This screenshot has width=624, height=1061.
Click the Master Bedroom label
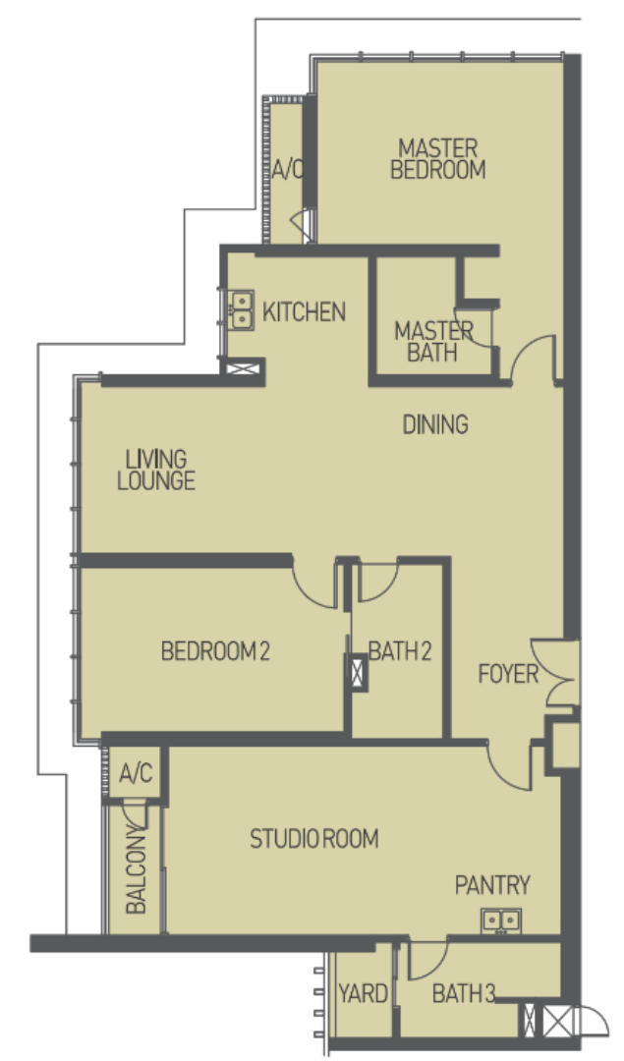438,159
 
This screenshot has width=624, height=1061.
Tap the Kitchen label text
304,312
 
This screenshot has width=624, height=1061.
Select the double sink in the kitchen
241,310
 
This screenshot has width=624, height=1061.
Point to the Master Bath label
433,342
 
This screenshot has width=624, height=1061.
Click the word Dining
435,425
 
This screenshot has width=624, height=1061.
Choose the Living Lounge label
156,471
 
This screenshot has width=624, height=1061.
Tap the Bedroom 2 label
215,651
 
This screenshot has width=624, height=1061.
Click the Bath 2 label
400,651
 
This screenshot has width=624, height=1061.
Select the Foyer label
508,674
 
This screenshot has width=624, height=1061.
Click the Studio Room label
314,839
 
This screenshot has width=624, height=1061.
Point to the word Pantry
492,885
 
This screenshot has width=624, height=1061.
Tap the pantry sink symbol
501,921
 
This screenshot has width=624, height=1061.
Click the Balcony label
136,873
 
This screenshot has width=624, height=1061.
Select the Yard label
363,994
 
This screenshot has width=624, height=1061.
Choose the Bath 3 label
464,994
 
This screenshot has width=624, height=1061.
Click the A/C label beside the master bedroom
287,170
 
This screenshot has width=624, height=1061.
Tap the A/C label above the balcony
136,773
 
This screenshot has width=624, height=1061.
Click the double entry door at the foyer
555,673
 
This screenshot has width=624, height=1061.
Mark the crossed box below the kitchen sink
242,369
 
